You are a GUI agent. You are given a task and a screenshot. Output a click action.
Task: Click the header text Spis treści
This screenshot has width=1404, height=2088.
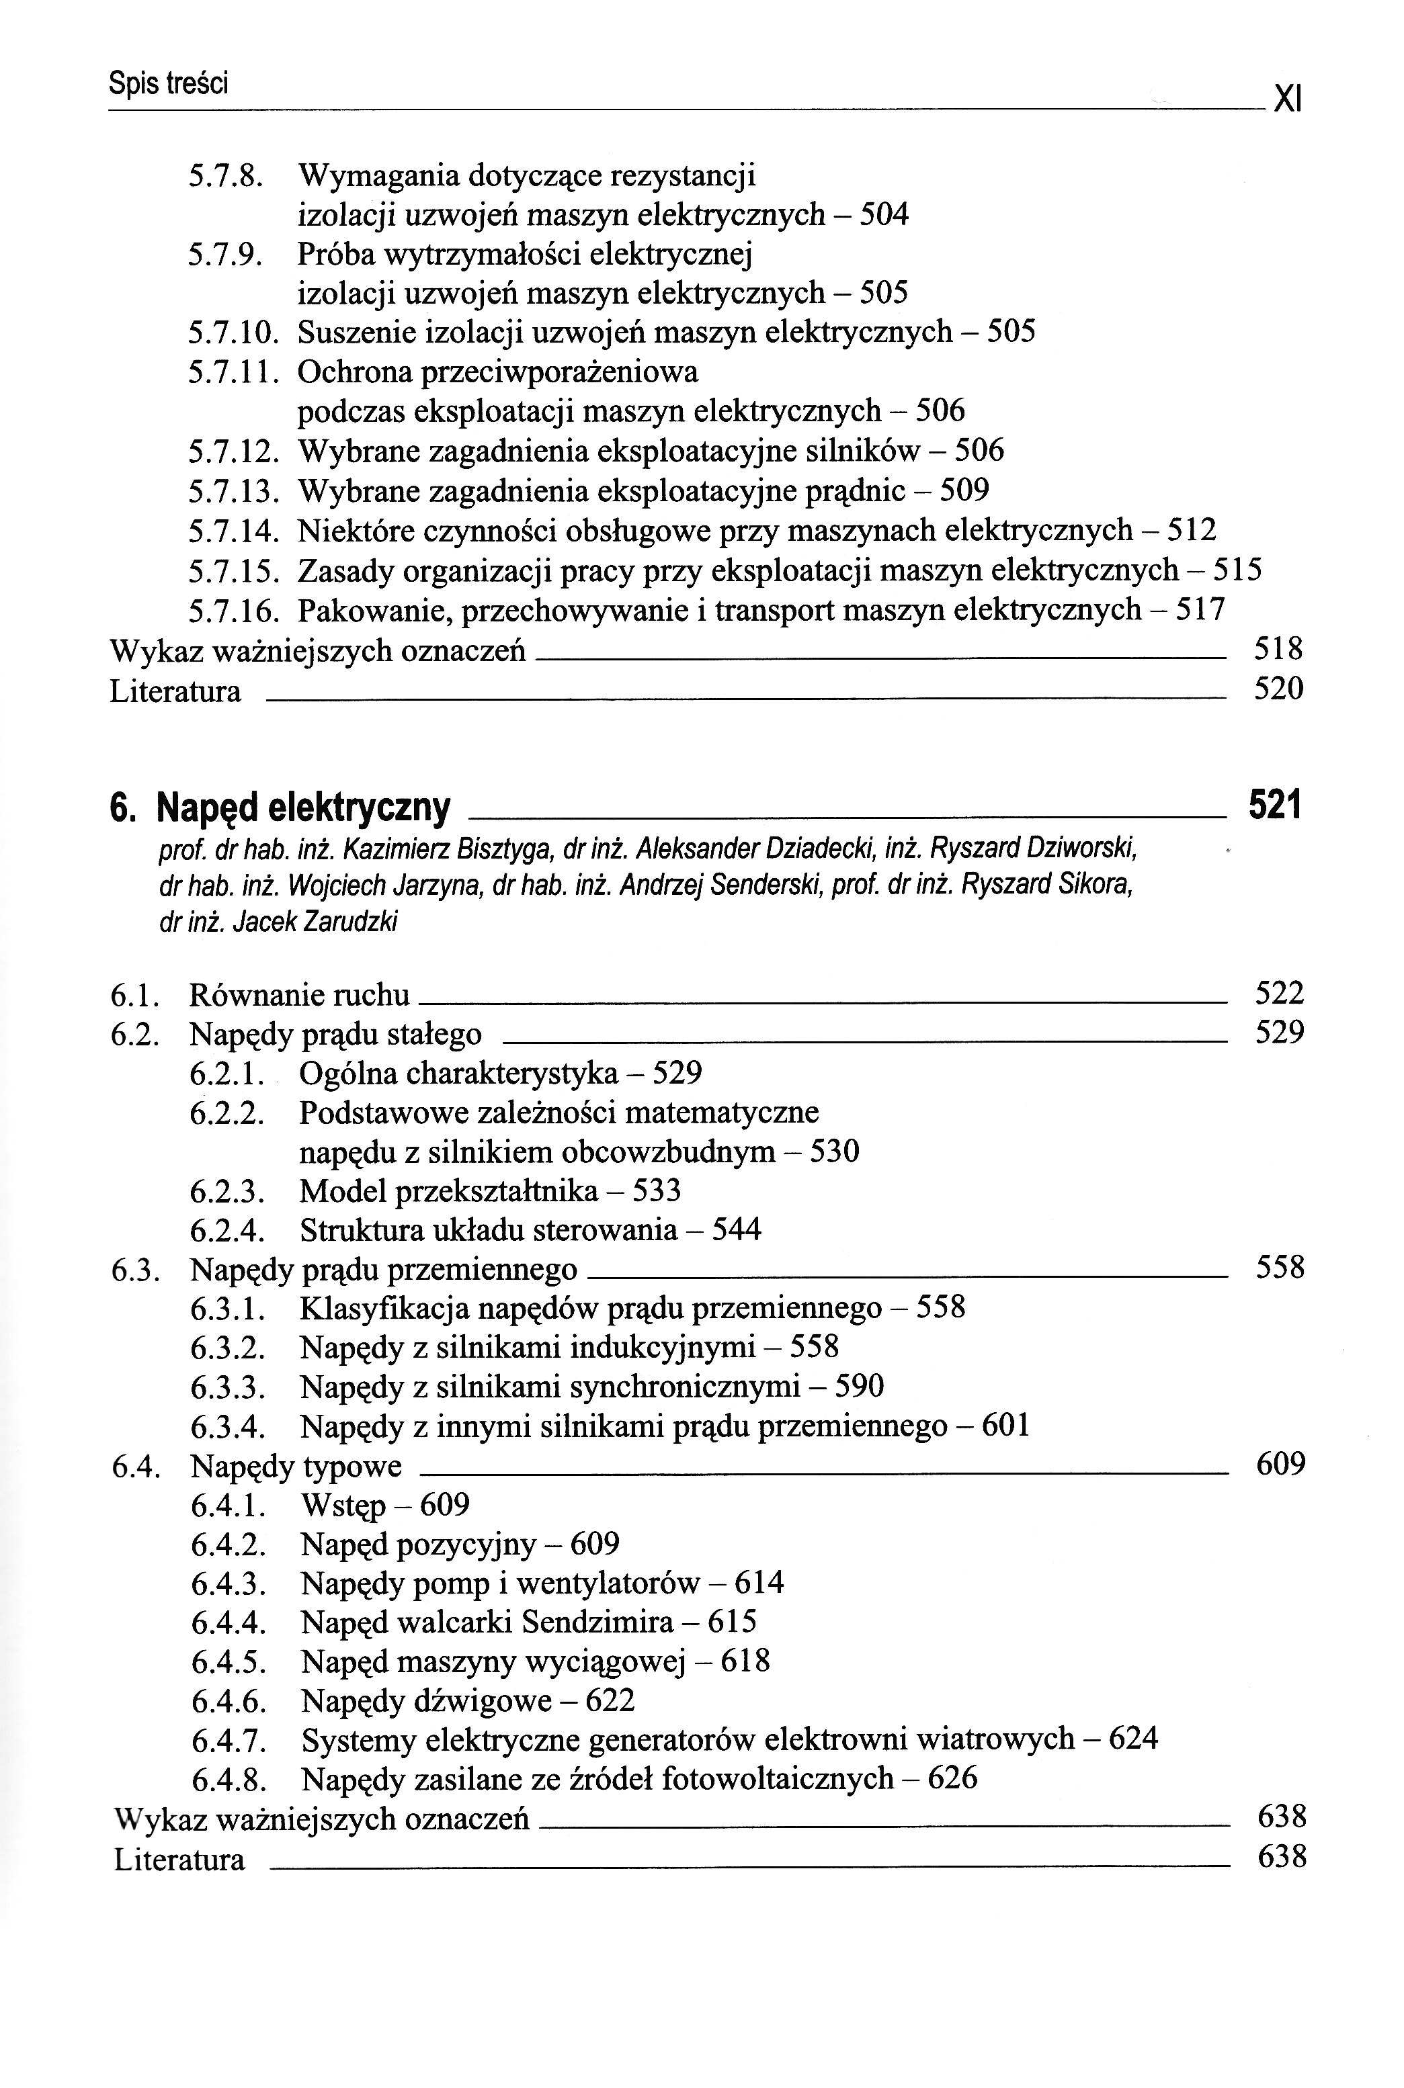click(168, 84)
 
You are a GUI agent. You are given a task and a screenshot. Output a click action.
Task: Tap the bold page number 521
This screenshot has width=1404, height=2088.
click(1274, 806)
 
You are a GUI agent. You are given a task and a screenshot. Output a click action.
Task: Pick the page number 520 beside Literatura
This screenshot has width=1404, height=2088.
click(1278, 689)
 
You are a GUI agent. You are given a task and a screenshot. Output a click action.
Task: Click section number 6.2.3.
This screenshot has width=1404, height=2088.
click(227, 1191)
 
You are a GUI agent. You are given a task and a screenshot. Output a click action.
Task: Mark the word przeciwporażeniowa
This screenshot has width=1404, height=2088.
click(497, 372)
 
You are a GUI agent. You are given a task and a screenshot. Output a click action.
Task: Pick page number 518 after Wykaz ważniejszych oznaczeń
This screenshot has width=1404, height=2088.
click(1278, 649)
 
